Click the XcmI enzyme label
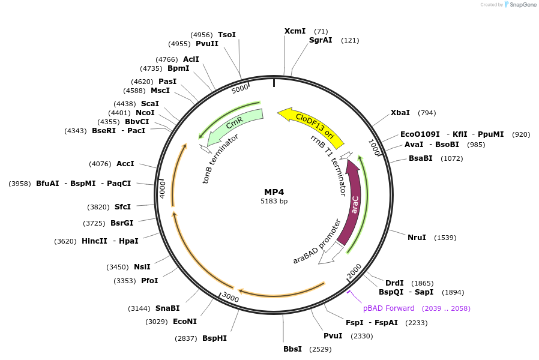coord(295,31)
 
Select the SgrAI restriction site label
coord(321,40)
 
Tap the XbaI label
coord(400,113)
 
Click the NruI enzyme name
coord(417,238)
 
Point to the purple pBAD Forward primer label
coord(388,308)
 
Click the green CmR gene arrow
coord(234,125)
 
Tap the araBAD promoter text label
coord(317,242)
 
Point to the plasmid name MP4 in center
coord(274,191)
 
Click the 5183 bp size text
coord(274,201)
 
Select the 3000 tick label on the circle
coord(230,297)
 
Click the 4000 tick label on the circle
coord(162,190)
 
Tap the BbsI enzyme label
coord(293,349)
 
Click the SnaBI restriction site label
coord(167,308)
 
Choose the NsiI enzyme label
coord(142,267)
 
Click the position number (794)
coord(427,113)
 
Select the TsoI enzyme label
coord(227,35)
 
